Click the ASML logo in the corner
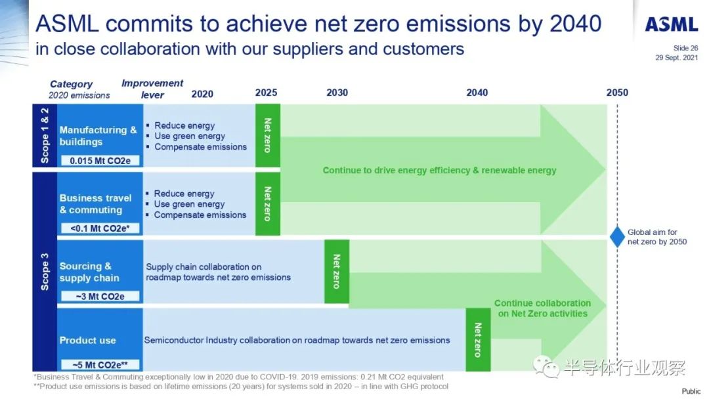[x=672, y=24]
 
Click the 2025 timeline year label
[x=266, y=93]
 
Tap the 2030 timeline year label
[x=337, y=93]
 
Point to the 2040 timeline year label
[x=477, y=93]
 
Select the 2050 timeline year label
[x=617, y=93]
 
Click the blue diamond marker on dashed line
[x=617, y=237]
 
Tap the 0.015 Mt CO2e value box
[x=100, y=160]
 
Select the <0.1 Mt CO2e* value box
[x=100, y=228]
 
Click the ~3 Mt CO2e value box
[x=100, y=297]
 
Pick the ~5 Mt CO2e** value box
[x=100, y=365]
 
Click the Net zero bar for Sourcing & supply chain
[x=336, y=272]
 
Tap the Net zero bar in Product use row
[x=478, y=340]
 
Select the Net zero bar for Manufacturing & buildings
[x=268, y=136]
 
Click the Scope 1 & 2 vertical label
[x=45, y=136]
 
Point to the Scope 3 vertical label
[x=45, y=272]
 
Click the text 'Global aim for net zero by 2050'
[x=657, y=237]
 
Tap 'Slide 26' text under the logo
[x=685, y=48]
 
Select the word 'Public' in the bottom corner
[x=691, y=391]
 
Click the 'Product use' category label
[x=88, y=340]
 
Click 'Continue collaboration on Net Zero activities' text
[x=543, y=308]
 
